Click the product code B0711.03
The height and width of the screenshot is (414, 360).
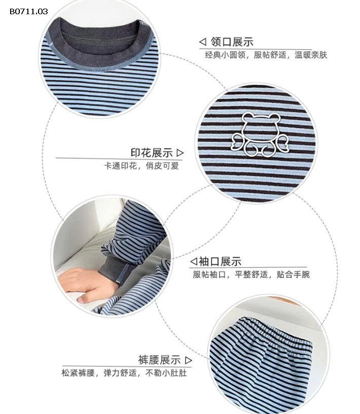[28, 11]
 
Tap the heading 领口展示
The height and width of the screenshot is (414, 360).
[232, 42]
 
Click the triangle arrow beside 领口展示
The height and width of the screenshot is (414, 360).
[202, 42]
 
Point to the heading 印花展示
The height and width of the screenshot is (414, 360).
[152, 153]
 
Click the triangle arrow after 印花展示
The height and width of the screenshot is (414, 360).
[181, 152]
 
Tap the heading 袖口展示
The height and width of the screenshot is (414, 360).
[220, 262]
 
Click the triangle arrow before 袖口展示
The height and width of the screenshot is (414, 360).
[193, 262]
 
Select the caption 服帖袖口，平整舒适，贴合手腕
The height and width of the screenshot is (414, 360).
[250, 275]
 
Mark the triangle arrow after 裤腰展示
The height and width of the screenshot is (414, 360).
[189, 360]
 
